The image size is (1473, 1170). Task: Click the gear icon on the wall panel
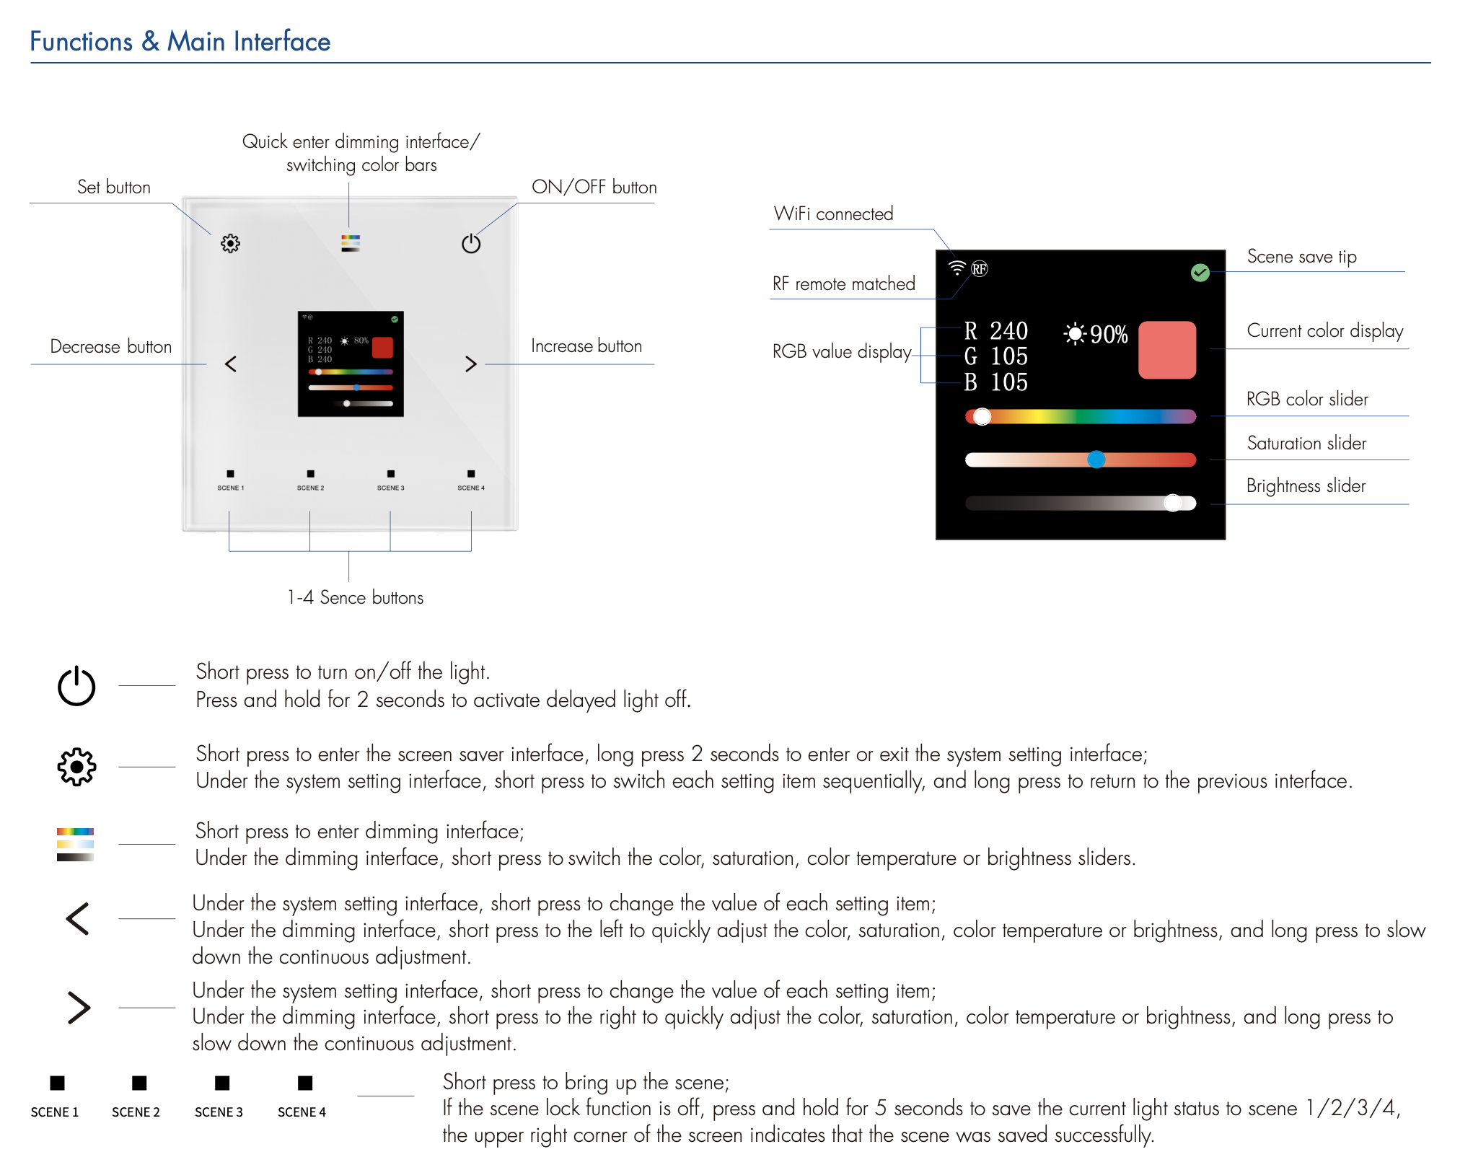[230, 244]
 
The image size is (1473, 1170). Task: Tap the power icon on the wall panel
[471, 244]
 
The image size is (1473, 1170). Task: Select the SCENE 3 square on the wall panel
[390, 474]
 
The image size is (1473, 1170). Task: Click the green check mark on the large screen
[1200, 273]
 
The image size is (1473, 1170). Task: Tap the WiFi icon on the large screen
[957, 268]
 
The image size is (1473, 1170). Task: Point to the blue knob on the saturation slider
[1096, 459]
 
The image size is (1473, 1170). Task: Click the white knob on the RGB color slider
[982, 417]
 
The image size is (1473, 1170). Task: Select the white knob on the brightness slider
[1174, 503]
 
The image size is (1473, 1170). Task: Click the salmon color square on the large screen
[1166, 350]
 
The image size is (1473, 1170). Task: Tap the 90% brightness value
[1108, 334]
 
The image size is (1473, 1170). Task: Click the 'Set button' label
[114, 188]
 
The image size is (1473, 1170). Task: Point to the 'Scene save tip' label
[1301, 257]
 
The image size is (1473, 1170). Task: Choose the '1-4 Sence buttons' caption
[355, 597]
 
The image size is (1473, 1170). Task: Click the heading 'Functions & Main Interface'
[180, 42]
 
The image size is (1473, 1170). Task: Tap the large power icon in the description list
[76, 686]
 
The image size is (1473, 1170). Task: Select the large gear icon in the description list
[76, 766]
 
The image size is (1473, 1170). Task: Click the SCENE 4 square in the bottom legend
[305, 1083]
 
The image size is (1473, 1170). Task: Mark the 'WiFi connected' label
[833, 214]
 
